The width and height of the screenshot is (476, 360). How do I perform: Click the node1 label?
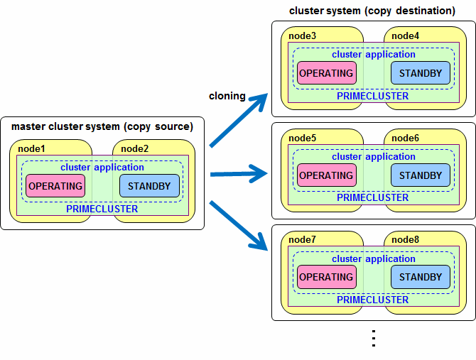click(x=31, y=148)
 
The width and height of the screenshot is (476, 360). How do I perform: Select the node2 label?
click(x=134, y=148)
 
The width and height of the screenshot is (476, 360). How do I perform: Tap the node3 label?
click(x=302, y=36)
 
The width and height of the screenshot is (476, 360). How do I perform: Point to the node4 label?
click(x=405, y=36)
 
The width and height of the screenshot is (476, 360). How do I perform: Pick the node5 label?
click(x=302, y=138)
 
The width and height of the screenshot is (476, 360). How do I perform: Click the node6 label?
click(x=405, y=138)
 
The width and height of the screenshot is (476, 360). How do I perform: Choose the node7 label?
click(x=302, y=239)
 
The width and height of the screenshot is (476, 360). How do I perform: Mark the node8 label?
click(x=405, y=239)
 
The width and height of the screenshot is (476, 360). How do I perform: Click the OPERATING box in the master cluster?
click(x=55, y=186)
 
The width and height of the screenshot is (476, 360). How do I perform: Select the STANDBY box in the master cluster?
click(x=149, y=186)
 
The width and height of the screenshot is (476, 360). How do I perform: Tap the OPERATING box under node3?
click(x=327, y=73)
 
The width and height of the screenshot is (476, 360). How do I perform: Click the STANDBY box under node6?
click(x=421, y=175)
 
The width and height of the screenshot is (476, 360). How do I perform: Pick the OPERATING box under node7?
click(x=327, y=277)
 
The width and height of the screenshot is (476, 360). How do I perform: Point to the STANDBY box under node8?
click(x=421, y=277)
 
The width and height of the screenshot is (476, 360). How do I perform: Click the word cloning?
click(x=227, y=96)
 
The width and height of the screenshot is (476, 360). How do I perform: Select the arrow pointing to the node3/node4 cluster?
click(x=239, y=120)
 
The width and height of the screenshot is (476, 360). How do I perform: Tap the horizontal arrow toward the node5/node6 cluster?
click(x=239, y=174)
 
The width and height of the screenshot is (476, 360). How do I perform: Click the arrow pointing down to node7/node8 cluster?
click(x=239, y=226)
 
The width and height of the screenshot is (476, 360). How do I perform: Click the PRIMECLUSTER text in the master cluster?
click(x=102, y=209)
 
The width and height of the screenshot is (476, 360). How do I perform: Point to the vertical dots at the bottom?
click(x=374, y=338)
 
